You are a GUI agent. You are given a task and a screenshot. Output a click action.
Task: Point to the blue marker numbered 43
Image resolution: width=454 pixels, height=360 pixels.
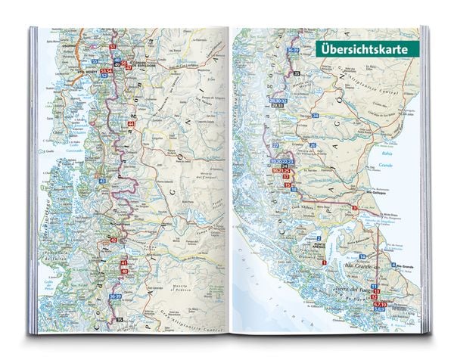click(101, 182)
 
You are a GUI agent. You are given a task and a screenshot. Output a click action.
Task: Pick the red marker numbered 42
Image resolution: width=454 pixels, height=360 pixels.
click(113, 239)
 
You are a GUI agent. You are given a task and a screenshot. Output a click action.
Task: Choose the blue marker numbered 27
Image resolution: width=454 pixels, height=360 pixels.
click(275, 144)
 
